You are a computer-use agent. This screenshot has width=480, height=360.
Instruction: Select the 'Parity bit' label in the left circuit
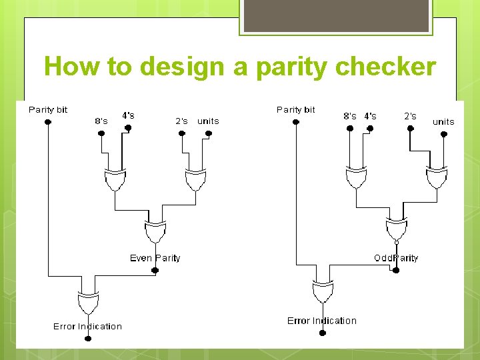(x=48, y=109)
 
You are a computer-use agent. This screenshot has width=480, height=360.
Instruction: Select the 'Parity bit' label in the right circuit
(x=296, y=109)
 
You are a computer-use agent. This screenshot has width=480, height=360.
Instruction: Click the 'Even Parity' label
(x=155, y=258)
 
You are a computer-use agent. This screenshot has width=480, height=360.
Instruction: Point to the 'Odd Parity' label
(x=396, y=258)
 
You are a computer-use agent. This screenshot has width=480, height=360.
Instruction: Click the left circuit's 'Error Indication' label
(x=87, y=326)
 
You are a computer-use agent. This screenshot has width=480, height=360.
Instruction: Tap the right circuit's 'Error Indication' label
(x=322, y=321)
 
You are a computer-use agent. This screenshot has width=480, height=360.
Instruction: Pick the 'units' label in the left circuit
(x=208, y=121)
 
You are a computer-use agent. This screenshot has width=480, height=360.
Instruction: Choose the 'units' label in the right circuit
(x=443, y=121)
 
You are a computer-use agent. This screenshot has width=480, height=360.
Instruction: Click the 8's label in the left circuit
(x=101, y=121)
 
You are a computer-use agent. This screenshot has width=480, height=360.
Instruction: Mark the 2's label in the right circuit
(x=410, y=116)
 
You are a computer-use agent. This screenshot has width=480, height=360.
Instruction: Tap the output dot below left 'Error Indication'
(x=87, y=338)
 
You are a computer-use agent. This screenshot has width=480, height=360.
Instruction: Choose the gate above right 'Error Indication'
(x=322, y=293)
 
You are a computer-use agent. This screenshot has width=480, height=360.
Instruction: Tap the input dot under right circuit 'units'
(x=443, y=133)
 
